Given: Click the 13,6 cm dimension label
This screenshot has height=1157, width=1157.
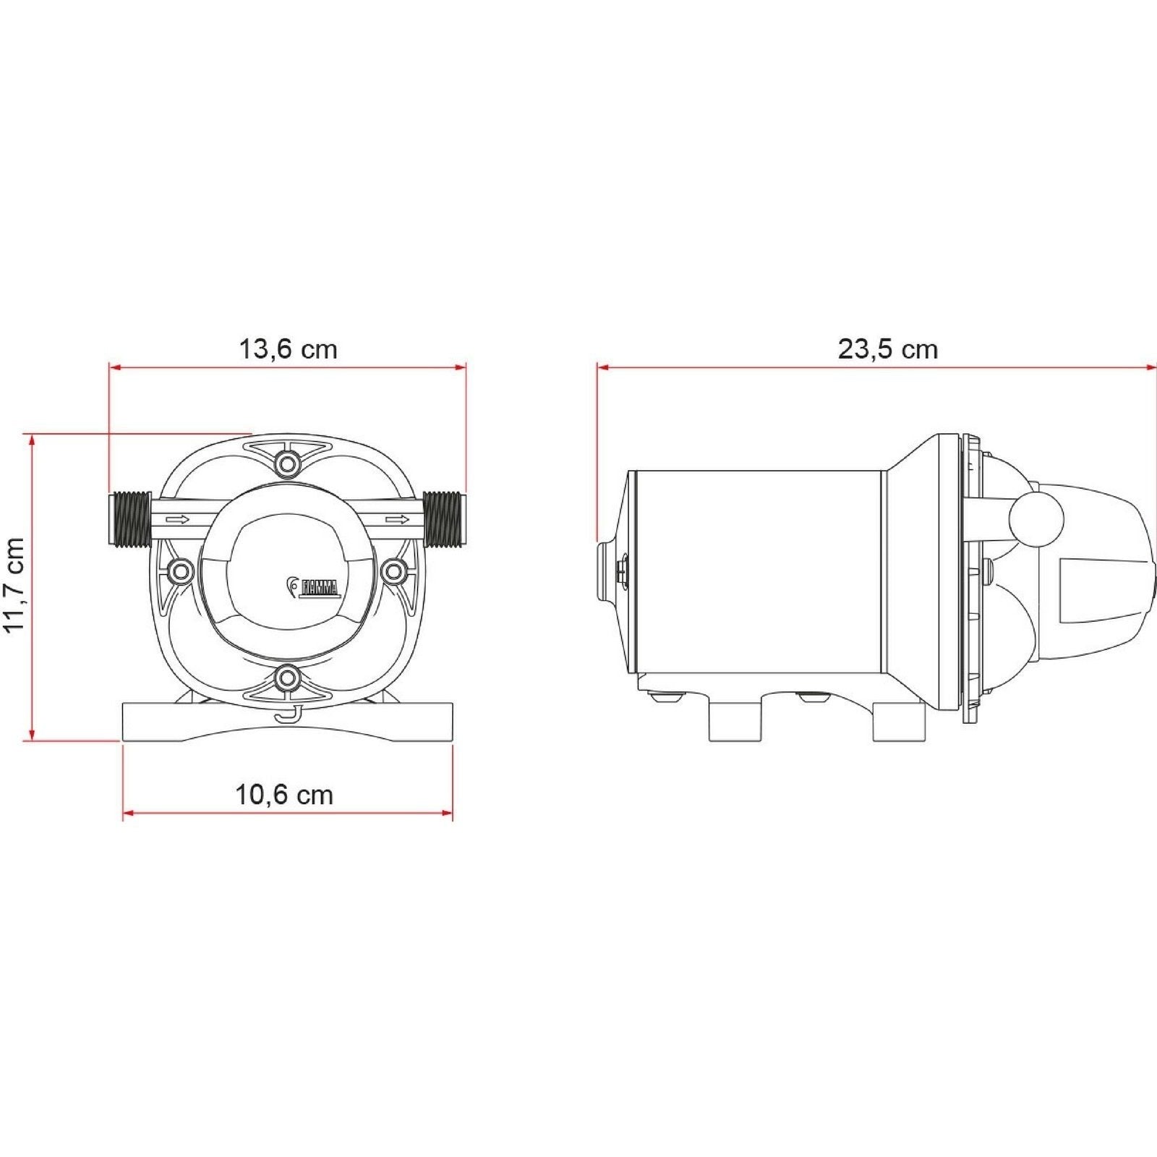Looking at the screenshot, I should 288,349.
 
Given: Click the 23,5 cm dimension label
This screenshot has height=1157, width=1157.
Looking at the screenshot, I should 887,349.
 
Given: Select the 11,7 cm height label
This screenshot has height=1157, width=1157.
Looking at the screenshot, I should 15,585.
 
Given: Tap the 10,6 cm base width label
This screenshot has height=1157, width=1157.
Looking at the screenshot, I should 284,795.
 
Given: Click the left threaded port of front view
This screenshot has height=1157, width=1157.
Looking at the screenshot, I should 130,518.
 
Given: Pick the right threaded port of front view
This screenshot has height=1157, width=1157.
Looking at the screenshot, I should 443,518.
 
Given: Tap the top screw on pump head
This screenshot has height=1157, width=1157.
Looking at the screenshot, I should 288,462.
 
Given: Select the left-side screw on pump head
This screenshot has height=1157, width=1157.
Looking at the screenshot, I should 179,572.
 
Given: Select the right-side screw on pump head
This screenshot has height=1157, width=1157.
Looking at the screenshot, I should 393,572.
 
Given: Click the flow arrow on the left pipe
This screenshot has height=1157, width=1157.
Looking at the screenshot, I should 178,519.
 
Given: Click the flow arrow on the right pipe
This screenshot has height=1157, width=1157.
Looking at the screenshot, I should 397,519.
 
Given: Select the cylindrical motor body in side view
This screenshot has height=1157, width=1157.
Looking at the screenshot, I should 759,571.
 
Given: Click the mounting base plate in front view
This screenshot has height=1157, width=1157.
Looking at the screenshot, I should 288,723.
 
